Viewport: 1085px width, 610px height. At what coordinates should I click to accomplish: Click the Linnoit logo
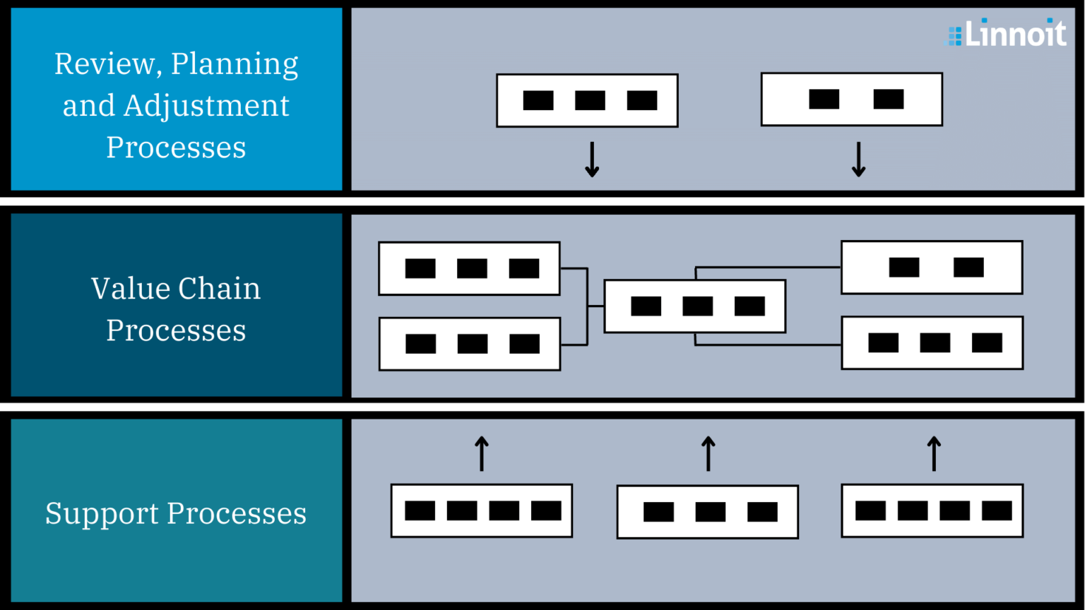pos(1007,33)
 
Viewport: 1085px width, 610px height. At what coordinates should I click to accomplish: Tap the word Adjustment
pos(206,106)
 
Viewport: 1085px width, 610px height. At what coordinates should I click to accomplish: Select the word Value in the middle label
pos(131,289)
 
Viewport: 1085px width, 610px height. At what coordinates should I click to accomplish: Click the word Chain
pos(219,289)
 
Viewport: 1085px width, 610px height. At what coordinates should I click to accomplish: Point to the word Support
pos(102,514)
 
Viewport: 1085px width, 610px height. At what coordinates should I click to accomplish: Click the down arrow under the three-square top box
pos(592,159)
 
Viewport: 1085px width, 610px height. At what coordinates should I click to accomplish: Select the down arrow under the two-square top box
pos(858,159)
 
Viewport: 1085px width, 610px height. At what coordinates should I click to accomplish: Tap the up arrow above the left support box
pos(482,453)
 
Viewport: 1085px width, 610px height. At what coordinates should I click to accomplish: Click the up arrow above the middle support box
pos(708,453)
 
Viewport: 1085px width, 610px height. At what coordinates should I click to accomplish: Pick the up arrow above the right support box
pos(934,453)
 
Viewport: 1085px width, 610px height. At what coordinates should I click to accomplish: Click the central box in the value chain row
pos(695,306)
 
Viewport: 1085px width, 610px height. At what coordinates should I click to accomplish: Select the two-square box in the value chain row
pos(932,268)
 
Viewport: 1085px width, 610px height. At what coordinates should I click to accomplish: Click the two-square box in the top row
pos(851,100)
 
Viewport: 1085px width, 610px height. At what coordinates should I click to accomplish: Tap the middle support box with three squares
pos(707,512)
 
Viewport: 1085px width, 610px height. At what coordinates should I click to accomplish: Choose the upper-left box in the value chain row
pos(469,269)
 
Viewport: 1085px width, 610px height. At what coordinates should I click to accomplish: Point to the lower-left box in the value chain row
pos(470,344)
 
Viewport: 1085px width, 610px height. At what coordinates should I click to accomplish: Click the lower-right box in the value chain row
pos(932,343)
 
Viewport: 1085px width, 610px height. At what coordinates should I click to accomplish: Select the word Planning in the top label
pos(235,64)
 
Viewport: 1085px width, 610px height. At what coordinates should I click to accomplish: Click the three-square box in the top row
pos(587,100)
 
